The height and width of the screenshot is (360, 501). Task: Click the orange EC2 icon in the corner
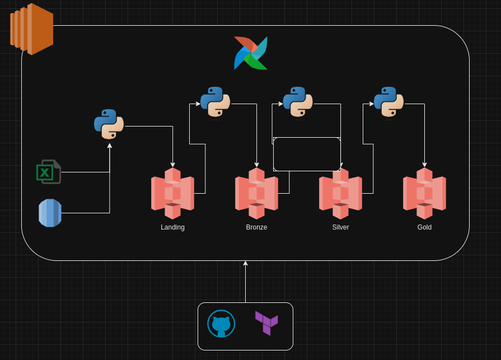(x=32, y=29)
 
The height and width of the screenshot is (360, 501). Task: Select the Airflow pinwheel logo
(x=251, y=53)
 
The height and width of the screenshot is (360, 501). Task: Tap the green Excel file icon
(x=49, y=172)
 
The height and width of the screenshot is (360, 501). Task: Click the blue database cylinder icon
(x=50, y=213)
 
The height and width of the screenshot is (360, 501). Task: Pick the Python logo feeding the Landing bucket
(x=109, y=124)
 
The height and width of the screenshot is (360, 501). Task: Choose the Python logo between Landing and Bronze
(x=216, y=102)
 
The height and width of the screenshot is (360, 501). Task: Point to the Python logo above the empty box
(x=298, y=102)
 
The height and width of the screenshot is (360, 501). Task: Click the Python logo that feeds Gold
(x=389, y=102)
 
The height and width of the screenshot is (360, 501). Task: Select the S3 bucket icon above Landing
(x=172, y=194)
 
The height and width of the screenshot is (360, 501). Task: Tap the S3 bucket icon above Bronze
(x=256, y=194)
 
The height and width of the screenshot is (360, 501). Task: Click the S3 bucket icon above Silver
(x=340, y=194)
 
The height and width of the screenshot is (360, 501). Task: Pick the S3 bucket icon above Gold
(x=425, y=194)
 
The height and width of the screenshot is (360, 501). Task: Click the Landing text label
(x=172, y=227)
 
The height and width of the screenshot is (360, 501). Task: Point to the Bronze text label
(x=256, y=227)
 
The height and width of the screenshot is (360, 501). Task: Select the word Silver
(x=340, y=227)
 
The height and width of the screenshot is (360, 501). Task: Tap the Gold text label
(x=425, y=227)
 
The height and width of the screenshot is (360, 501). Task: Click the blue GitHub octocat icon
(x=221, y=324)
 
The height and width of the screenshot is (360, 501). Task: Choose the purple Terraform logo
(x=266, y=323)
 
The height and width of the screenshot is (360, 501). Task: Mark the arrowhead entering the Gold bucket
(x=425, y=165)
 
